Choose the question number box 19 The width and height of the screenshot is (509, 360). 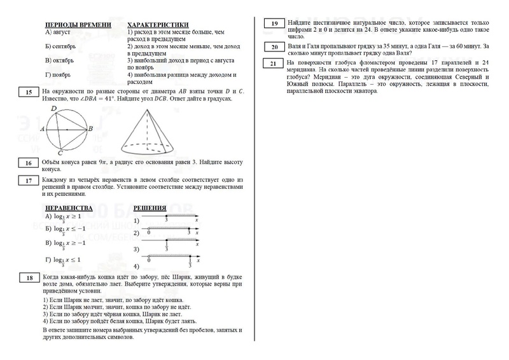click(x=274, y=24)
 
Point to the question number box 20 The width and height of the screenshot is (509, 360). click(x=274, y=47)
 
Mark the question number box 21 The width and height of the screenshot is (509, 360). click(x=274, y=64)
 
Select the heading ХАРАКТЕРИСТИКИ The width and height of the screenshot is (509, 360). click(x=158, y=24)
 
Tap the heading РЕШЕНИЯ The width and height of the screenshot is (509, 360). click(x=150, y=208)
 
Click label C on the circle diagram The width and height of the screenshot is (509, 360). click(x=59, y=153)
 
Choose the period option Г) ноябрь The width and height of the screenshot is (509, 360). click(x=59, y=75)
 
